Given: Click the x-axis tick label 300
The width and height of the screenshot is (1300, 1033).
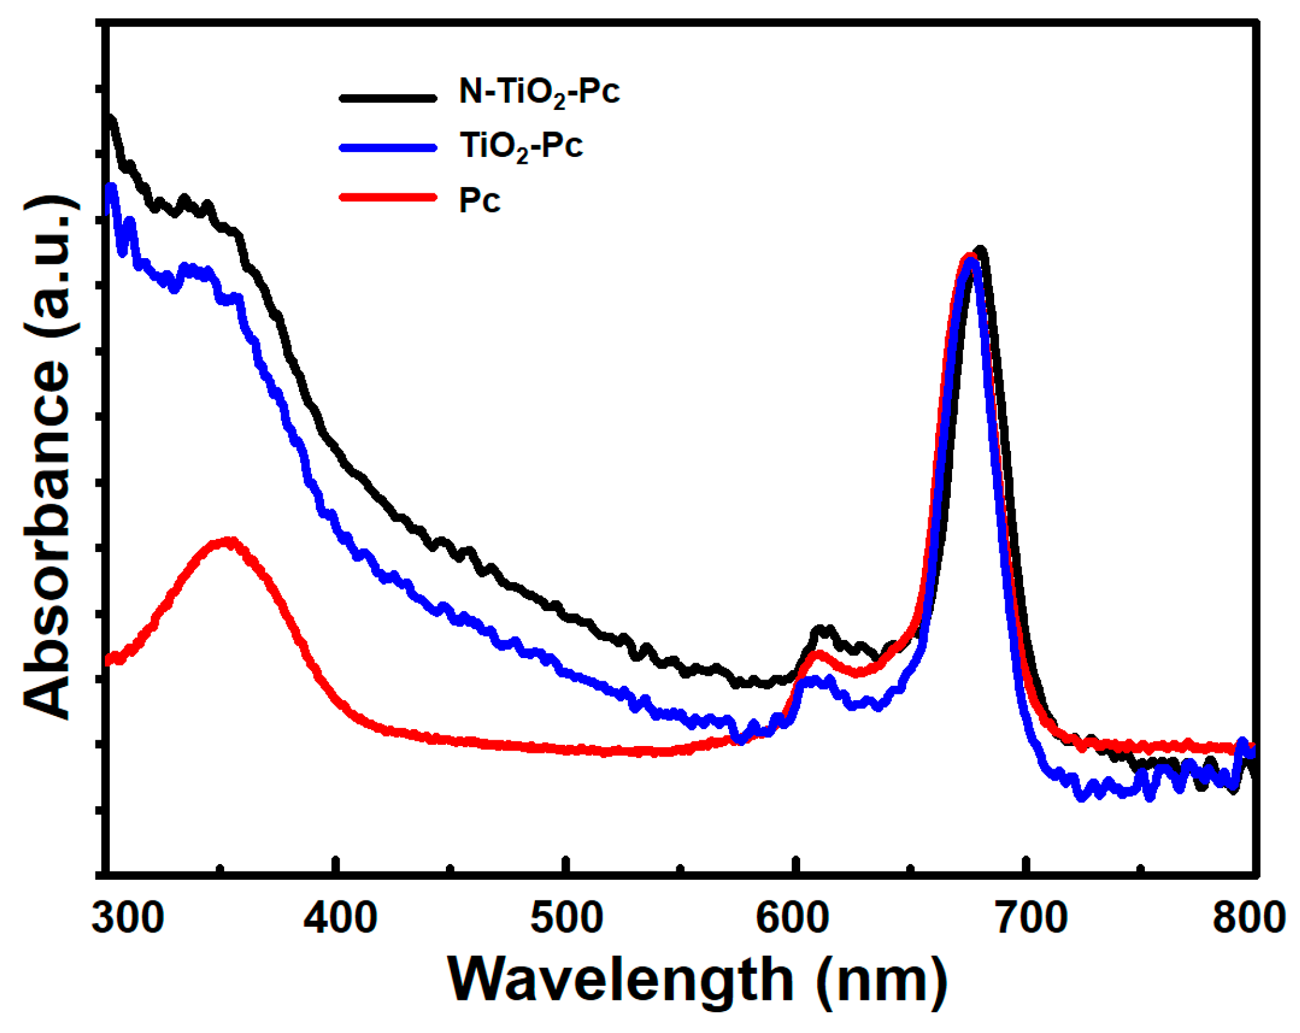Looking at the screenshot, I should [128, 918].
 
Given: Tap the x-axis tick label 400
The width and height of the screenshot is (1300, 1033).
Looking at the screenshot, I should [340, 918].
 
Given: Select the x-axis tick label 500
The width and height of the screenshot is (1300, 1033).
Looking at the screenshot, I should [567, 918].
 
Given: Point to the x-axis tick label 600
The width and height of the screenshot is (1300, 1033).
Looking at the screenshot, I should [793, 918].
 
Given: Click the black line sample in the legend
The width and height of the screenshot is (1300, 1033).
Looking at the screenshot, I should [388, 98].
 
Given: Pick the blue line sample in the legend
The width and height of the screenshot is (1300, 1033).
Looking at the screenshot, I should [388, 148].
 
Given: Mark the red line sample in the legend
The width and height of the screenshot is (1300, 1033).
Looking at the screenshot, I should [388, 197].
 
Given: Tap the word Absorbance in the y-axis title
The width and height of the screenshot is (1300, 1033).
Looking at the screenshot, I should [47, 540].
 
